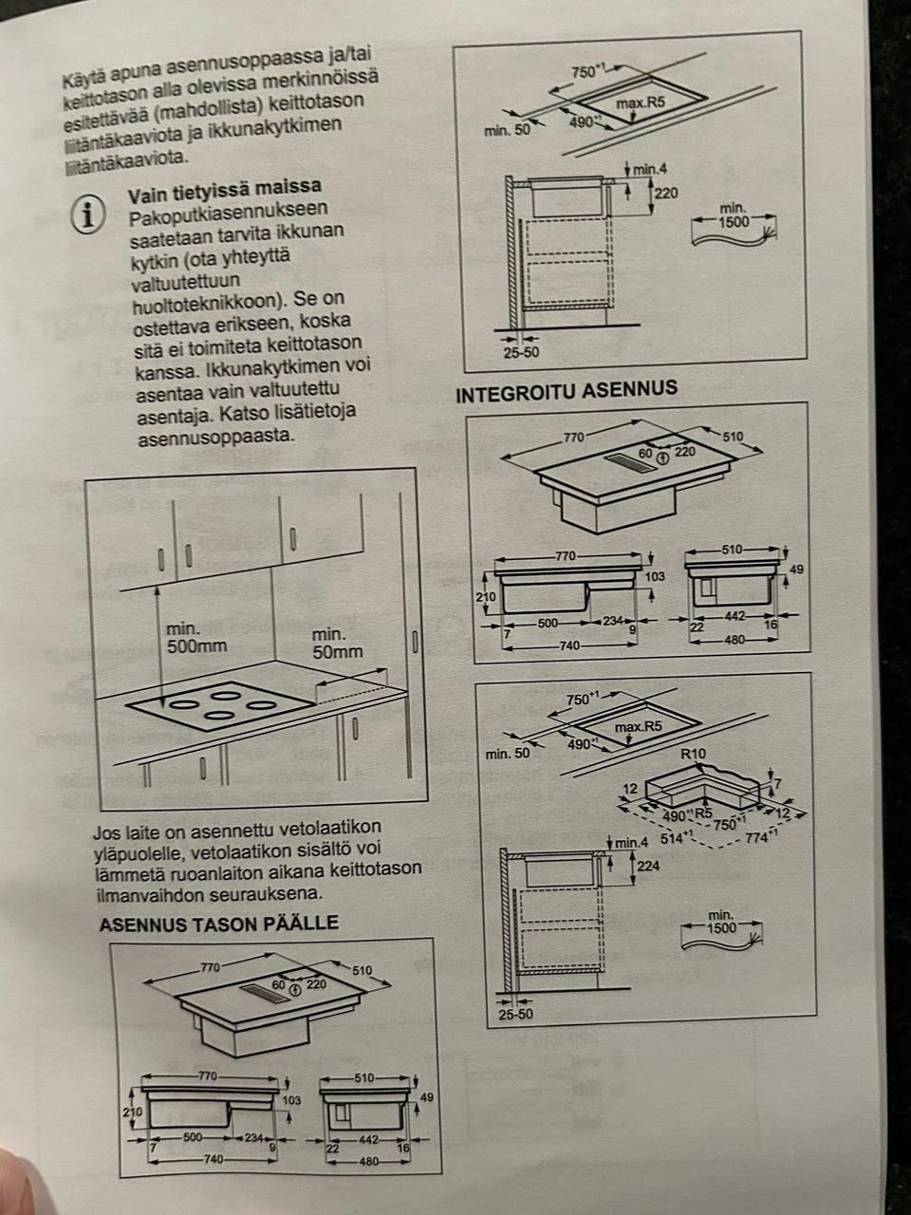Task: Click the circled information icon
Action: pos(87,214)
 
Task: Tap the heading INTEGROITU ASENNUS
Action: pos(567,391)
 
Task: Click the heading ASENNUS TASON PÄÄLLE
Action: pos(219,923)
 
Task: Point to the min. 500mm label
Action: pos(196,638)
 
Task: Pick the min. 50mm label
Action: pos(338,643)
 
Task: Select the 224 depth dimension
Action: pos(648,865)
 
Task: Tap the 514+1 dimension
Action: pos(677,838)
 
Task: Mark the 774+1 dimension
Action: pos(760,837)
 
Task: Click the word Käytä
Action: pos(81,80)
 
